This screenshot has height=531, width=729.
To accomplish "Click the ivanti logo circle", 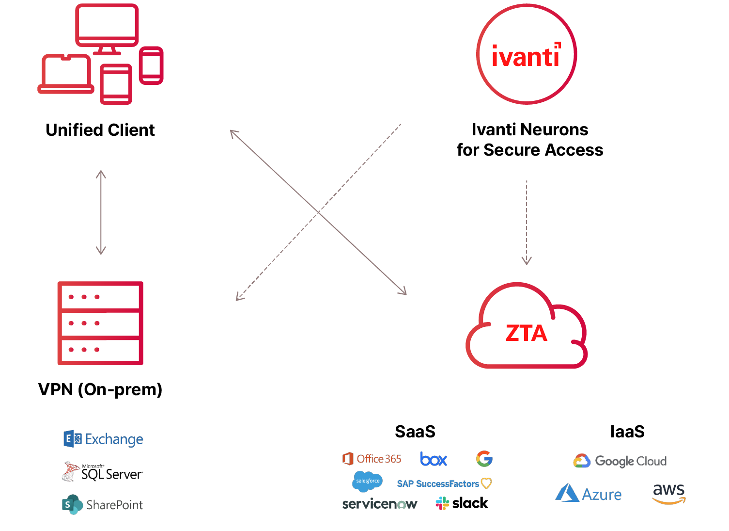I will click(x=527, y=54).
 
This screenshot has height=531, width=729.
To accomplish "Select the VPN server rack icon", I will click(x=100, y=323).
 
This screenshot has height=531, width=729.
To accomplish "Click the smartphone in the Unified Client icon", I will click(x=151, y=65).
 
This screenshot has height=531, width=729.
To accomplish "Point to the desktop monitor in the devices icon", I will click(x=107, y=27).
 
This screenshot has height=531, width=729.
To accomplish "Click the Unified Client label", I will click(x=100, y=130).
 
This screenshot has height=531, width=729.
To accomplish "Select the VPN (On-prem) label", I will click(x=100, y=389).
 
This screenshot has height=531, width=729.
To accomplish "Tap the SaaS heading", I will click(x=415, y=432).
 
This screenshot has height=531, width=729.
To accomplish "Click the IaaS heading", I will click(x=627, y=432).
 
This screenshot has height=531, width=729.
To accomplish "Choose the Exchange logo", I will click(x=104, y=439).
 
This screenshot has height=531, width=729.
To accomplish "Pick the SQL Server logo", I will click(x=103, y=472).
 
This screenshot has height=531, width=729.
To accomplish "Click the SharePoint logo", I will click(x=103, y=505).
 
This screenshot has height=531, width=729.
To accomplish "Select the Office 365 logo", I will click(x=372, y=459).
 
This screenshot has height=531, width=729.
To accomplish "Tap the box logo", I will click(x=434, y=459).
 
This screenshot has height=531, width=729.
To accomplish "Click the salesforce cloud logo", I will click(x=368, y=481).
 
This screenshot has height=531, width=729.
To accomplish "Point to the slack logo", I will click(x=462, y=503).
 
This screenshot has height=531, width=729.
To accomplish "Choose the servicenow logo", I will click(x=380, y=504).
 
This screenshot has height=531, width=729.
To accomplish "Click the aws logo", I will click(x=669, y=494).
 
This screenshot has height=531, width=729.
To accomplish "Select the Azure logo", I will click(x=589, y=494).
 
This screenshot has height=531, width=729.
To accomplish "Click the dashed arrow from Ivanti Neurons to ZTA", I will click(x=527, y=223).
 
